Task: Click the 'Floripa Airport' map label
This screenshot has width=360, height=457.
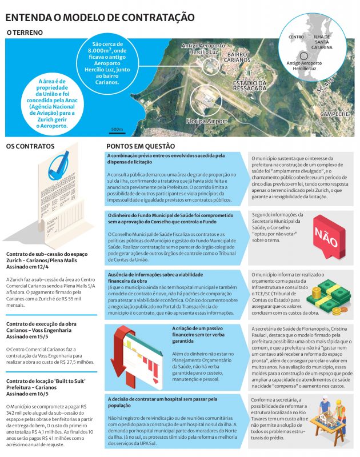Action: [206, 121]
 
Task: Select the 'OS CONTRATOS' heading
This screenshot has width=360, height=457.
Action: [30, 146]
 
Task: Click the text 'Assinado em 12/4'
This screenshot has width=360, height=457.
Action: [27, 266]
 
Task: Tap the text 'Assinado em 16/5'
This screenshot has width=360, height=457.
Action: [27, 394]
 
